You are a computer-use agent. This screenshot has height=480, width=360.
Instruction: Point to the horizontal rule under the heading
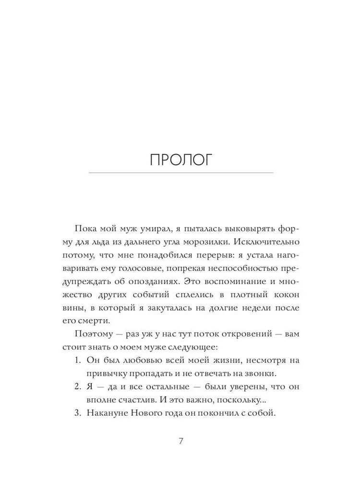tap(181, 173)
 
